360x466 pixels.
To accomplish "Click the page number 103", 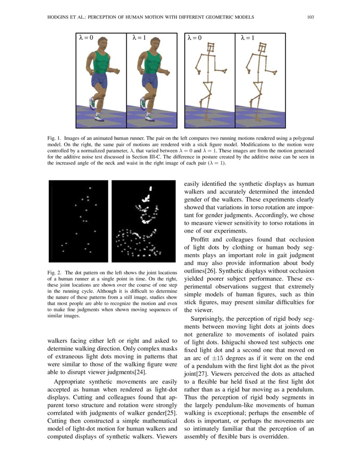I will click(310, 17).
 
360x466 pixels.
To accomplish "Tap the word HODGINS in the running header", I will click(55, 17).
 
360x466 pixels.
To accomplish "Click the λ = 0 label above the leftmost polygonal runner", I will click(86, 38).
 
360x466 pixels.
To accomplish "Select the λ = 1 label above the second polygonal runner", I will click(139, 38).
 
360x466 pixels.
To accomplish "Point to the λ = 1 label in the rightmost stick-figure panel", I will click(248, 38).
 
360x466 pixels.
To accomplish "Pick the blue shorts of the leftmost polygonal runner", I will click(100, 80).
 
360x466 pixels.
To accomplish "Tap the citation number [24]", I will click(141, 373).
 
